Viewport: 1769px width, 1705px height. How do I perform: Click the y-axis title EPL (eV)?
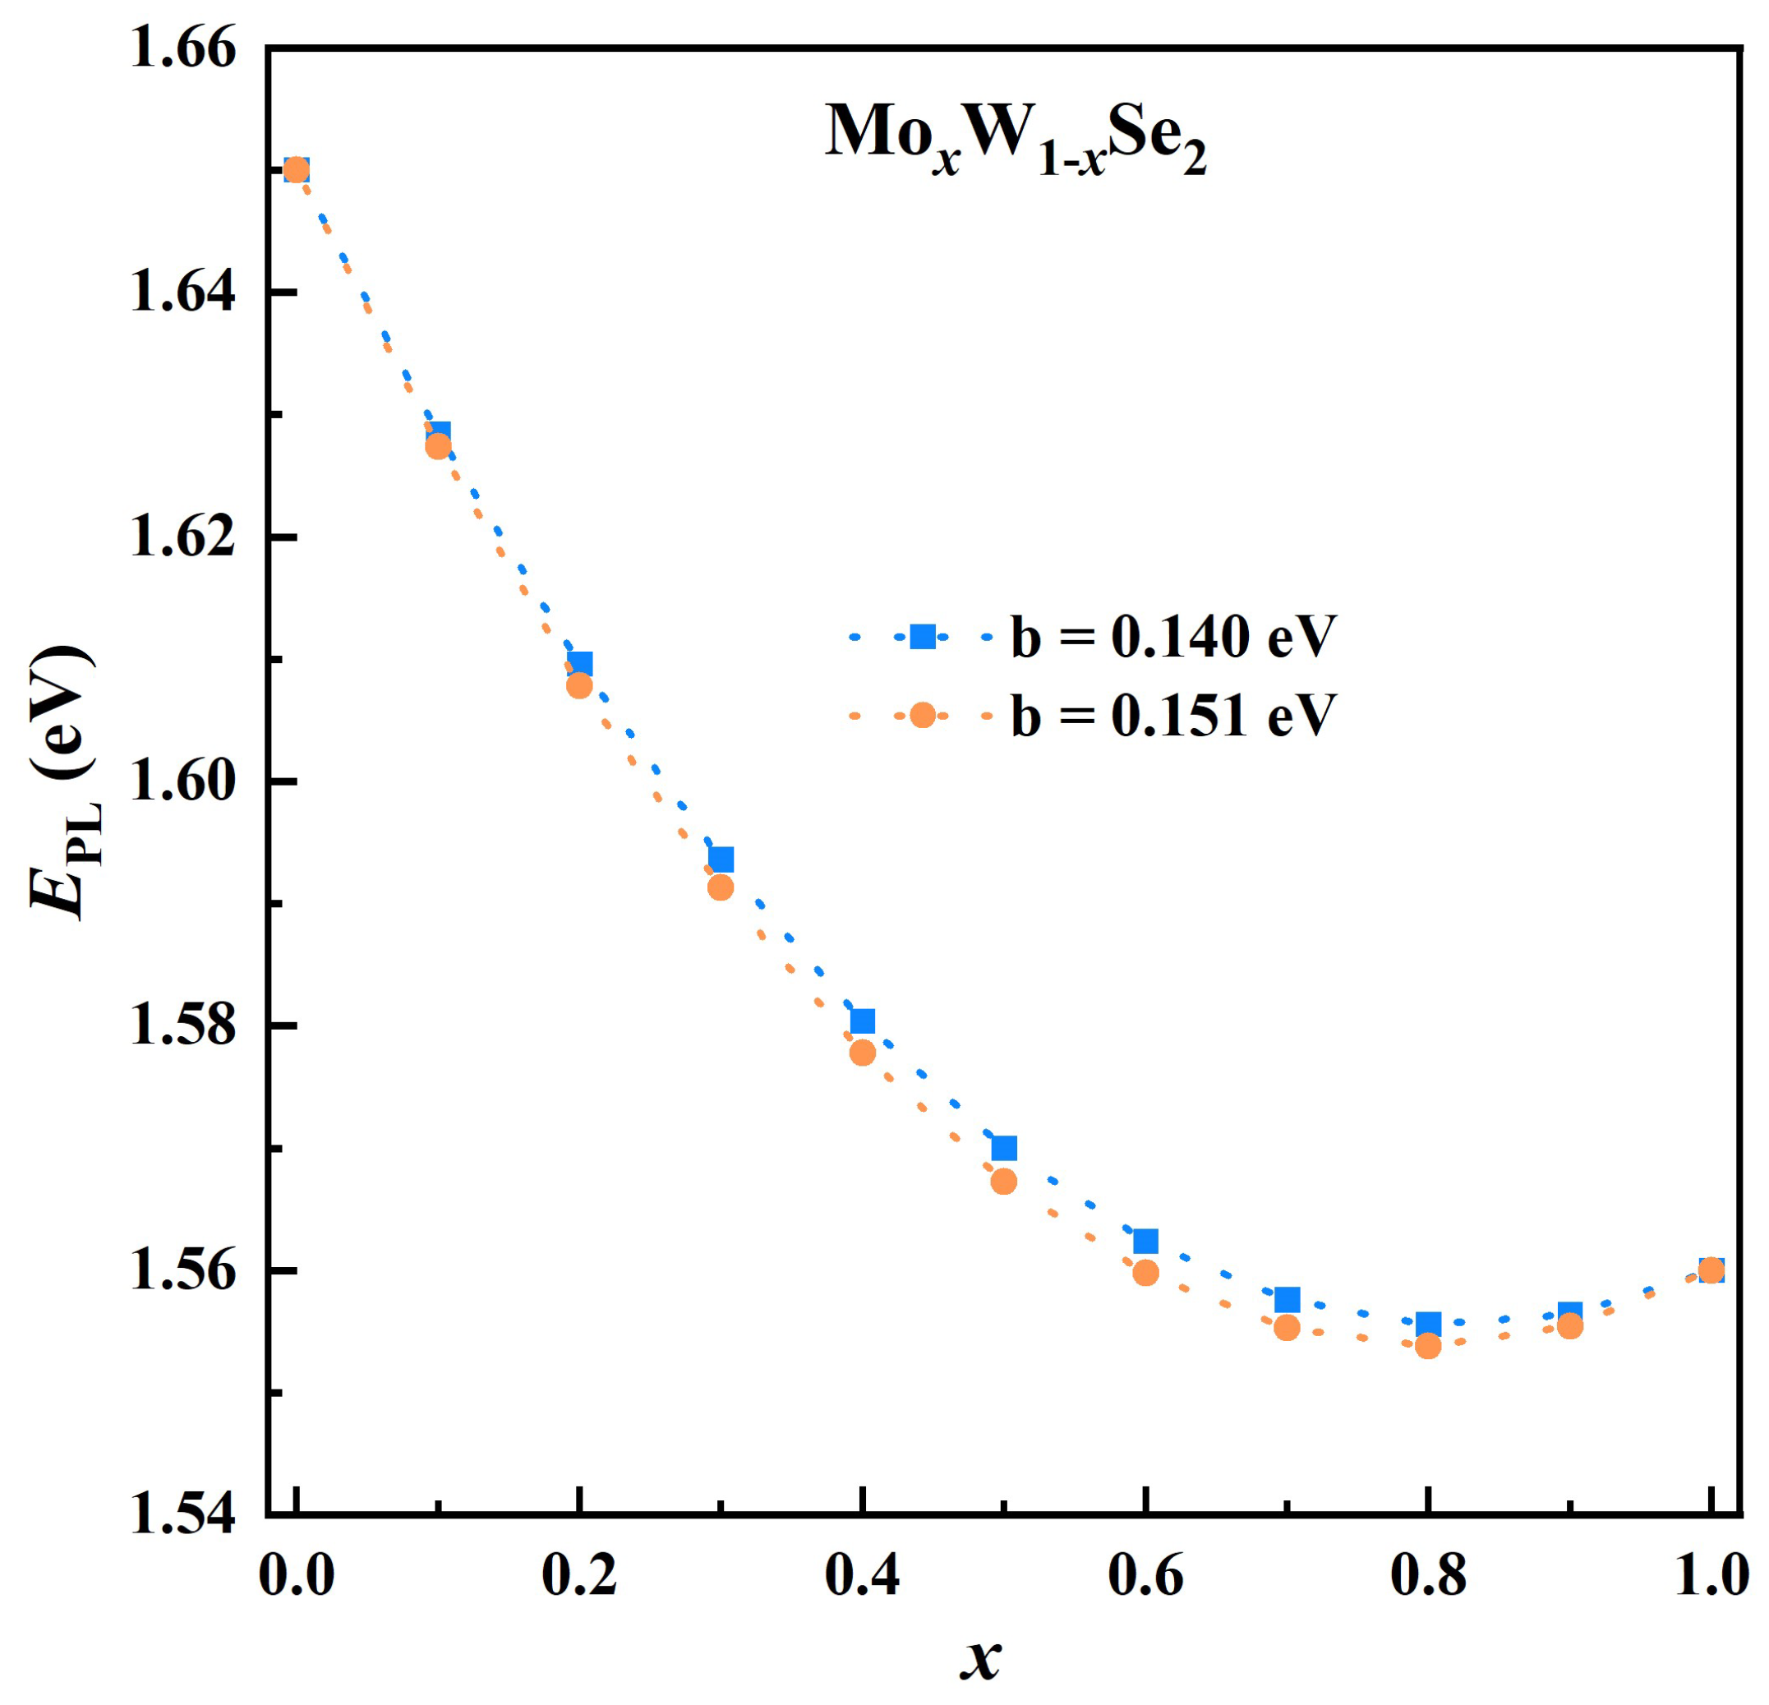point(63,781)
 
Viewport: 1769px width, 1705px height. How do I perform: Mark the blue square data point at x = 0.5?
point(1003,1148)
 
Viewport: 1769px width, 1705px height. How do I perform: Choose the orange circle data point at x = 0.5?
point(1003,1182)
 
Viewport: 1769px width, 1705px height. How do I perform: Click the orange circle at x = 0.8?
point(1428,1347)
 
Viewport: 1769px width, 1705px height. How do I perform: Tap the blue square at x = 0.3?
point(721,859)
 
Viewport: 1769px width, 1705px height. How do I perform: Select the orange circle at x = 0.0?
point(296,170)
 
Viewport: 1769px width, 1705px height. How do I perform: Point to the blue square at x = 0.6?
point(1145,1241)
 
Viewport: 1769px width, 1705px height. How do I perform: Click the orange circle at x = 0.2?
point(579,686)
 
